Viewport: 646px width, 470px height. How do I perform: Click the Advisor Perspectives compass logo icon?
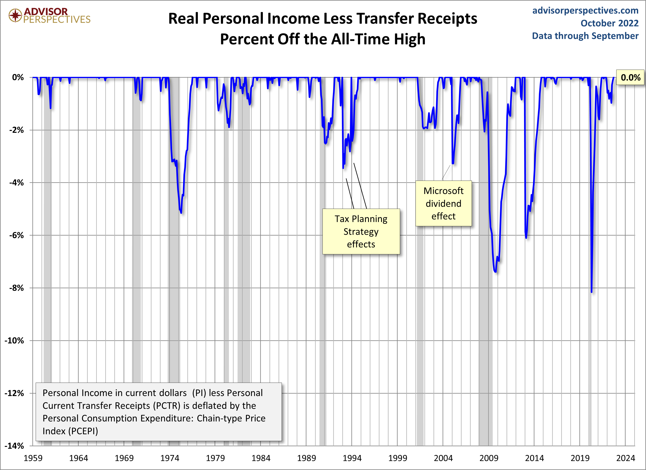pyautogui.click(x=15, y=15)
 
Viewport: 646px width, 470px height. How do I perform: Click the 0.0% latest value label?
pyautogui.click(x=630, y=77)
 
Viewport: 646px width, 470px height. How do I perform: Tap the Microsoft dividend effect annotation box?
pyautogui.click(x=443, y=203)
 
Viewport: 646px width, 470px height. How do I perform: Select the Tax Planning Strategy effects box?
pyautogui.click(x=361, y=232)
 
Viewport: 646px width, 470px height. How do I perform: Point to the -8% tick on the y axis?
pyautogui.click(x=17, y=288)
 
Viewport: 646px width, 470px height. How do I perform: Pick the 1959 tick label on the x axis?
pyautogui.click(x=33, y=458)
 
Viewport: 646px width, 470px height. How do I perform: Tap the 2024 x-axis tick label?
pyautogui.click(x=626, y=458)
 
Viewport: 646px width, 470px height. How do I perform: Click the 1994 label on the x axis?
pyautogui.click(x=352, y=458)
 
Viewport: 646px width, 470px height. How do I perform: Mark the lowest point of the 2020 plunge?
pyautogui.click(x=592, y=292)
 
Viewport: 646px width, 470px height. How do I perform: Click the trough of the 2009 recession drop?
pyautogui.click(x=496, y=271)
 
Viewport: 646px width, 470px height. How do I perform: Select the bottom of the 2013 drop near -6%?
pyautogui.click(x=526, y=237)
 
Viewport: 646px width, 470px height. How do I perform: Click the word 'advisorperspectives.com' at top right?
pyautogui.click(x=585, y=11)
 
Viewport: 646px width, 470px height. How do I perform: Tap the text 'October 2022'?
pyautogui.click(x=609, y=23)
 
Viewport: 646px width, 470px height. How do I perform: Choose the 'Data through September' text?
pyautogui.click(x=585, y=36)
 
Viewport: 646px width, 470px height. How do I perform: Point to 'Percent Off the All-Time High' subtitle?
pyautogui.click(x=323, y=39)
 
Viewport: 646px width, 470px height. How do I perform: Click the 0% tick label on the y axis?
pyautogui.click(x=18, y=77)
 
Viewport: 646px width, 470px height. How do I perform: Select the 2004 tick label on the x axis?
pyautogui.click(x=443, y=458)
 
